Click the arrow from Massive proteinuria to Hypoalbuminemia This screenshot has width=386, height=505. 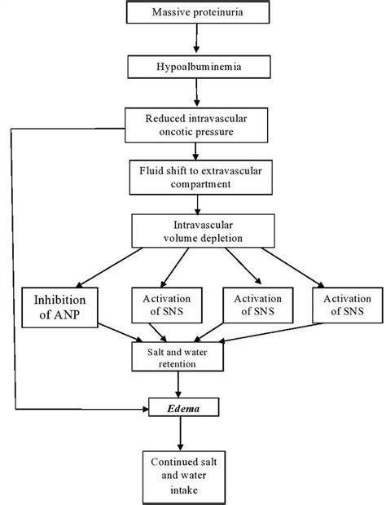click(x=195, y=40)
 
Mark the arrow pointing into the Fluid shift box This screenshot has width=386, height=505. click(x=195, y=152)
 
